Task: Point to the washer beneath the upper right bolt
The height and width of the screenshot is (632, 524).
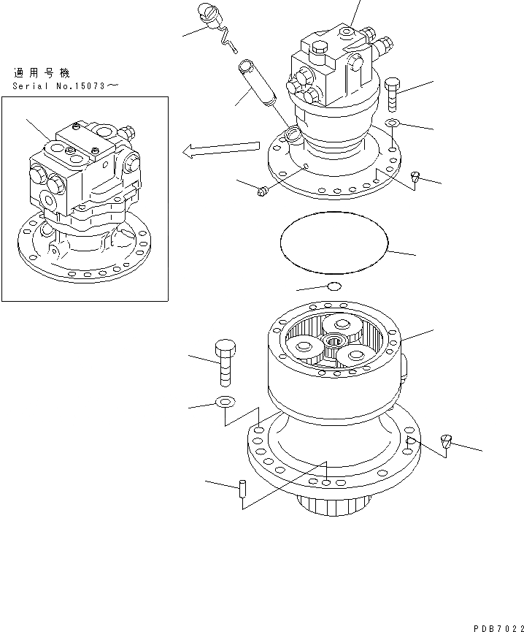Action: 392,123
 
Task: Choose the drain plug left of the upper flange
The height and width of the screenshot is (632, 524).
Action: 263,191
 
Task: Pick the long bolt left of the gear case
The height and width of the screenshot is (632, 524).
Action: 226,362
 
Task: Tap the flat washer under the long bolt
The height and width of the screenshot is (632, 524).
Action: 225,400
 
